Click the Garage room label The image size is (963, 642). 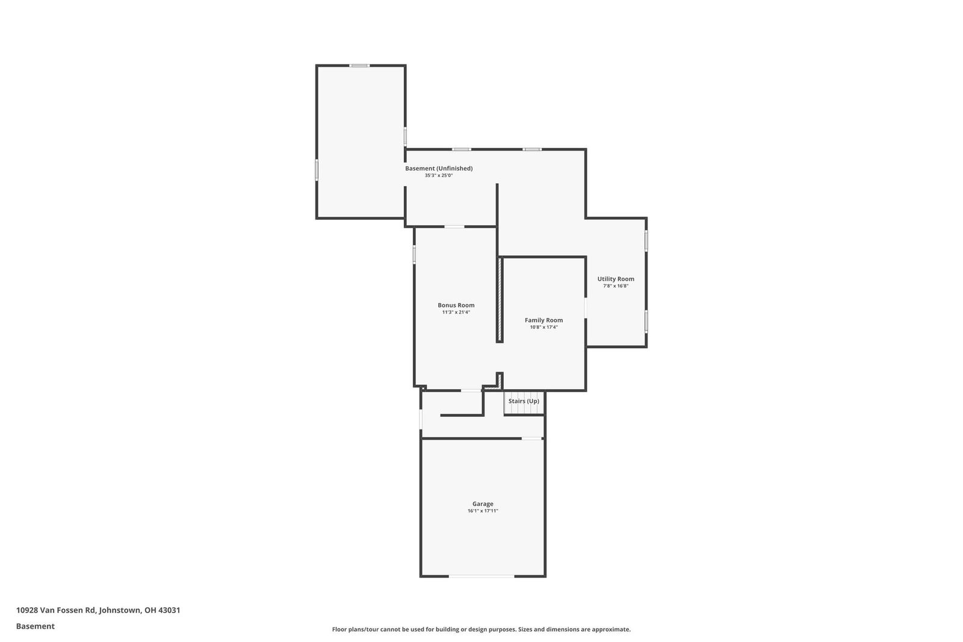pos(483,503)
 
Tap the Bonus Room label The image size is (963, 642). pos(456,305)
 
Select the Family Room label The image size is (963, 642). pos(544,320)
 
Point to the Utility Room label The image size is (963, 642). pos(616,279)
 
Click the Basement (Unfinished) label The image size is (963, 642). pos(439,168)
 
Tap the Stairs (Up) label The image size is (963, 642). pos(524,401)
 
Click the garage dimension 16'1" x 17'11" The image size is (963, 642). pos(483,511)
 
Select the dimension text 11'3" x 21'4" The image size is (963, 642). pos(456,312)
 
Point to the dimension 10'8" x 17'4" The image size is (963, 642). pos(544,327)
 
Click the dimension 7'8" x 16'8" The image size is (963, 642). pos(616,285)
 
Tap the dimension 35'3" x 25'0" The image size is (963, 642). pos(439,175)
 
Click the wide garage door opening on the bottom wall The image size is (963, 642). pos(482,576)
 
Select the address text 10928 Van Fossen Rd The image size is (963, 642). pos(55,609)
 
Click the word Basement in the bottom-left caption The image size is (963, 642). pos(36,626)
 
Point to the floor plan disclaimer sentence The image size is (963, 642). pos(481,629)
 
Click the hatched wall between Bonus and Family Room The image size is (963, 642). pos(500,300)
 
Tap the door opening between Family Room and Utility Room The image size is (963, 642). pos(586,308)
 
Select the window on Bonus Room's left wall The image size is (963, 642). pos(414,254)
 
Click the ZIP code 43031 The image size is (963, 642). pos(169,609)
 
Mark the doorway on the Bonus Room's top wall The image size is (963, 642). pos(454,226)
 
